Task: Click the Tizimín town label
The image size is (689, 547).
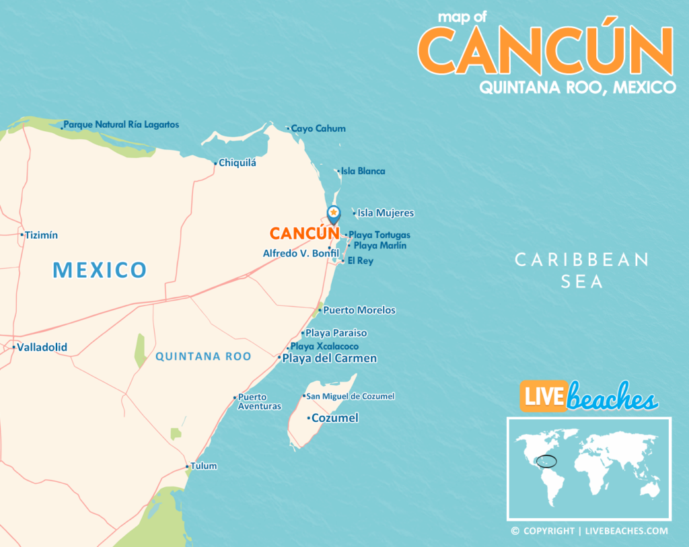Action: point(42,235)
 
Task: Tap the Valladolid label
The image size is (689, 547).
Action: point(42,348)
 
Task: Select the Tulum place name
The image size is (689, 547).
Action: point(204,466)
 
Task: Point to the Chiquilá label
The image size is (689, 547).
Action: point(238,163)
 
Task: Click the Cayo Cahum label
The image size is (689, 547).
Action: point(318,129)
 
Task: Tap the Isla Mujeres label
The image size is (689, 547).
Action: point(386,213)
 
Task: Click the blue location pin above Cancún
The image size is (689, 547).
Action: point(333,215)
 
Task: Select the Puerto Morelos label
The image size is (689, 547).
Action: point(359,310)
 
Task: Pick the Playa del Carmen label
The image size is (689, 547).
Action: point(330,359)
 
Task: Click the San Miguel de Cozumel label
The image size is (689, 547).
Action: point(351,396)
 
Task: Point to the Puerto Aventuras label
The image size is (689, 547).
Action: point(259,402)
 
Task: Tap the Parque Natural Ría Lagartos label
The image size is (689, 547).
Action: point(121,125)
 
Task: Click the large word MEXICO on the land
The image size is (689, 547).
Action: point(100,270)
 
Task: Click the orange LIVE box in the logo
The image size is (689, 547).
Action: point(542,396)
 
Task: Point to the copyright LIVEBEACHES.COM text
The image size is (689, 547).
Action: point(589,532)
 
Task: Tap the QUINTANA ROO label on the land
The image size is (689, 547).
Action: point(203,357)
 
